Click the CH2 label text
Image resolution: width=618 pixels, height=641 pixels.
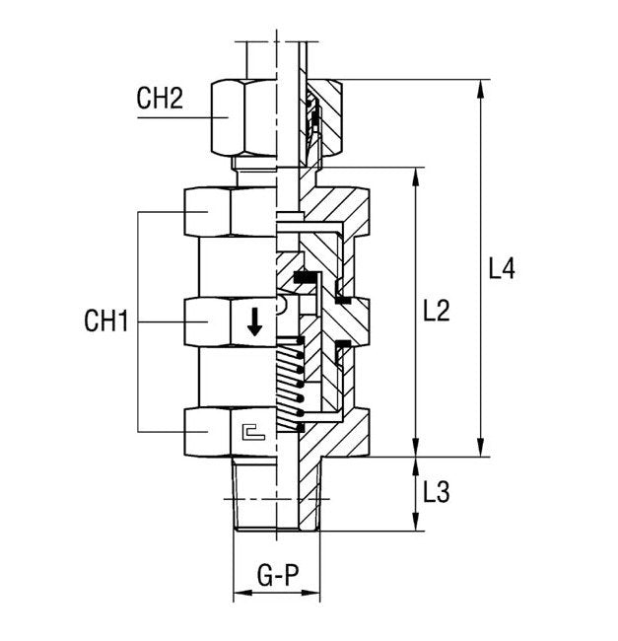(x=160, y=100)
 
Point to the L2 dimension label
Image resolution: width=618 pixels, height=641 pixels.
(x=436, y=311)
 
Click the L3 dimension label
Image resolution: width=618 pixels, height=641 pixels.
(x=436, y=492)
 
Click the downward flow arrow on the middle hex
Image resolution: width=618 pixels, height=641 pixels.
(x=255, y=321)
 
